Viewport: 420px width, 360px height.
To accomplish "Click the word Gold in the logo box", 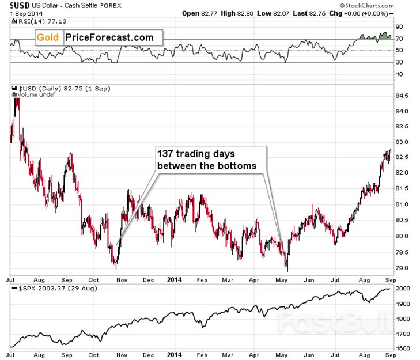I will [48, 38].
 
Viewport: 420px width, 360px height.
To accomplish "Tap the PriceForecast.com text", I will [110, 38].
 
